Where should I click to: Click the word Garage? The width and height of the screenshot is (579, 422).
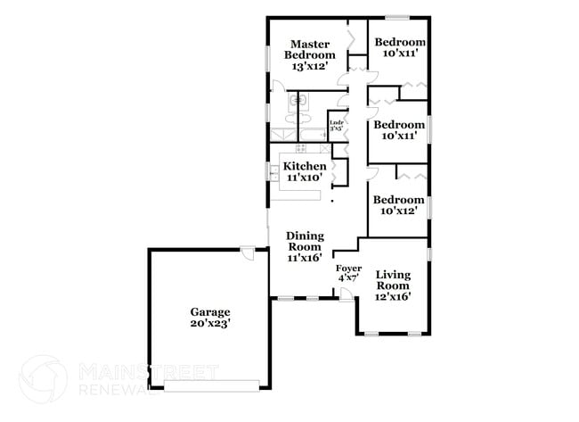point(209,312)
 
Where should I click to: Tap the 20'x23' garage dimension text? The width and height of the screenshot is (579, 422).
point(209,326)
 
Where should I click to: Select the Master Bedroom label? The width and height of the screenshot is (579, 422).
point(309,49)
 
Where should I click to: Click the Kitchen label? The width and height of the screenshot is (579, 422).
point(305,167)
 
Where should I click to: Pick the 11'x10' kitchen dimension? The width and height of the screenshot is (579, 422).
point(305,178)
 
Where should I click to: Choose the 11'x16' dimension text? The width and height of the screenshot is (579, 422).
point(304,258)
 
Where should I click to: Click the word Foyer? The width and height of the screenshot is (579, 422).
point(347,268)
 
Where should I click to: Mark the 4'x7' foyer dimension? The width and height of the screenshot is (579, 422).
point(347,278)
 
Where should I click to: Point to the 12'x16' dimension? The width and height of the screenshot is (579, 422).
point(393,297)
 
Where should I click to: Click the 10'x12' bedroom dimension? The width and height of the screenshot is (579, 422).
point(398,211)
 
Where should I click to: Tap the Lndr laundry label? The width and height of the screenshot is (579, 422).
point(337,122)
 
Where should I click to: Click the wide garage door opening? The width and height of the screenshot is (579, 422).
point(212,385)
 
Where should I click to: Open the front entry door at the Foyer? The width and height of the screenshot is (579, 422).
point(345,294)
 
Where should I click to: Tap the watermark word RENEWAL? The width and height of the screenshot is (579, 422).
point(111,388)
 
